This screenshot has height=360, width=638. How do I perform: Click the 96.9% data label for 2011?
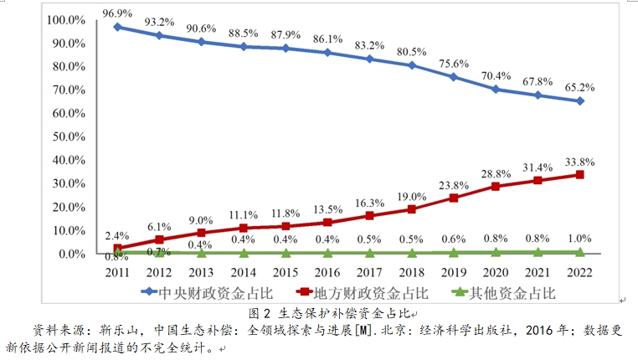(118, 13)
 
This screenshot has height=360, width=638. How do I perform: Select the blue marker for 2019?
(453, 77)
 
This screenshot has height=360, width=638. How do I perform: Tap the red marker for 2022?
(579, 175)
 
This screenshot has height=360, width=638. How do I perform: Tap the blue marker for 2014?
(244, 47)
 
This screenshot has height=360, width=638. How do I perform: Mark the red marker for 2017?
(369, 215)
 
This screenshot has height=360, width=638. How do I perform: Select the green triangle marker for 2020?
(495, 251)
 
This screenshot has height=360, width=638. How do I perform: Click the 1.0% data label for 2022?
(579, 239)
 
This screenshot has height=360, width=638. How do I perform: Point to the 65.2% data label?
(579, 86)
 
